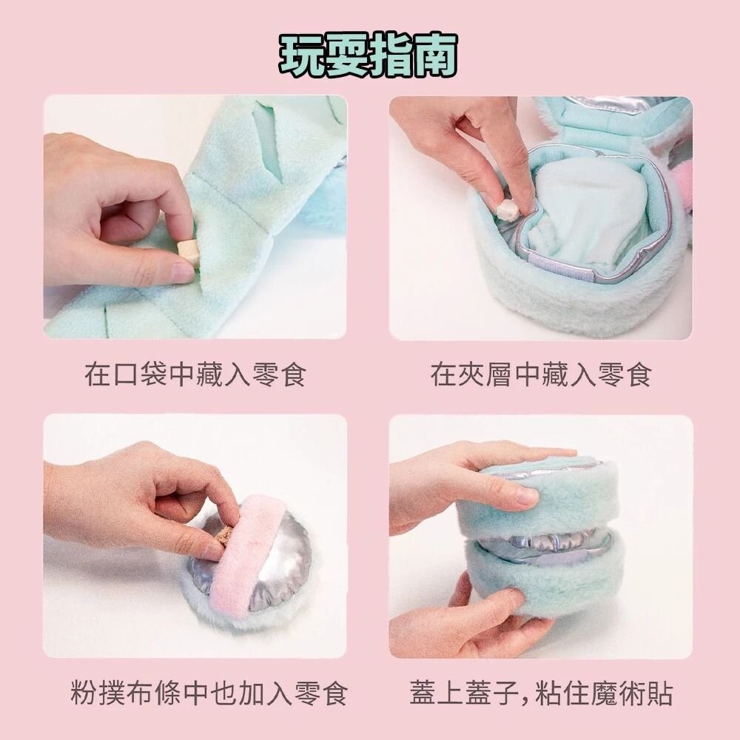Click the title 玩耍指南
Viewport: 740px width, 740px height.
coord(369,55)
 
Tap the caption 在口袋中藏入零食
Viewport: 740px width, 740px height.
coord(196,374)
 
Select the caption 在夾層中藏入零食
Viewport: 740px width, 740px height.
coord(541,374)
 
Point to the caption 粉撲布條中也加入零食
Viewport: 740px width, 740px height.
coord(209,693)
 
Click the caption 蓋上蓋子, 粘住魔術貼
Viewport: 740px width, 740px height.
coord(541,693)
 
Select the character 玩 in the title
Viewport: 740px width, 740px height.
coord(301,55)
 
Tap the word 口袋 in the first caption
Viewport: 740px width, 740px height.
coord(141,374)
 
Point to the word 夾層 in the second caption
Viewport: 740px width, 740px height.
coord(485,374)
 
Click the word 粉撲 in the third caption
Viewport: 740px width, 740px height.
coord(98,693)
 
